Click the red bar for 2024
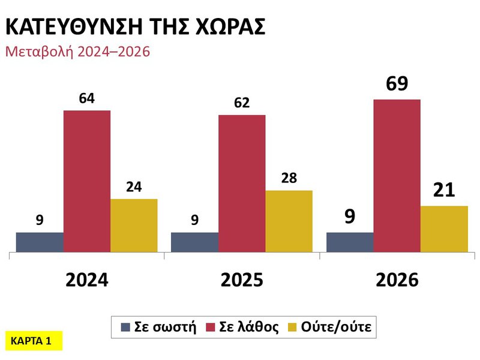coord(87,181)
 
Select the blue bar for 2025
coord(194,242)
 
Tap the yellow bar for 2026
coord(444,229)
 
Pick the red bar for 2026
coord(397,176)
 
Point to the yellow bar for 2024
coord(134,226)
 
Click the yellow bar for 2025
coord(289,221)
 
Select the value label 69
coord(397,83)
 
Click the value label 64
coord(87,98)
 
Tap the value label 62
coord(242,103)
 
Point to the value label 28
coord(289,178)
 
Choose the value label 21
coord(444,191)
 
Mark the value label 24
coord(134,187)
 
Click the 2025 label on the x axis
coord(242,280)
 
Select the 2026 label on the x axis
coord(397,280)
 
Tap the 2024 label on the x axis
coord(87,280)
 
